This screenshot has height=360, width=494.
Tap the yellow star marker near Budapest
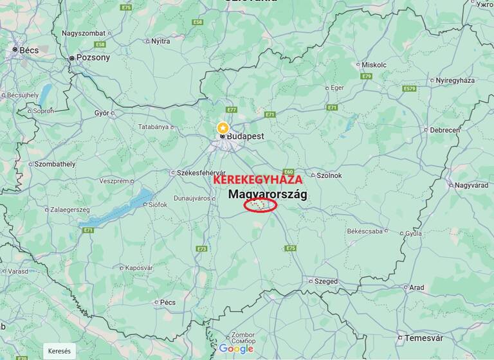pos(223,127)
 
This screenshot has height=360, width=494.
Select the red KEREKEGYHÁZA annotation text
pos(257,181)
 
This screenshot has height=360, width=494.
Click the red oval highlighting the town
pos(261,205)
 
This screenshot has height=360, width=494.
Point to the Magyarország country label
pos(268,194)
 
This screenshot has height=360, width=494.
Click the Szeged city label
pos(325,281)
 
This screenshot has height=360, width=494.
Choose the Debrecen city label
pos(444,130)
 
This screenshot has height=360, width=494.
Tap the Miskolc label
pos(374,65)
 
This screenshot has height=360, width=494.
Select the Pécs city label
pos(168,302)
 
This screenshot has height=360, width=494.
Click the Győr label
pos(102,113)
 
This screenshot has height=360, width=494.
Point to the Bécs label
pos(29,50)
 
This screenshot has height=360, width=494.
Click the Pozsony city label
pos(93,57)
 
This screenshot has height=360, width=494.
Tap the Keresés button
pos(60,351)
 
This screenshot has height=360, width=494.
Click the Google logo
pos(236,348)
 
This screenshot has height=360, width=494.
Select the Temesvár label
pos(423,338)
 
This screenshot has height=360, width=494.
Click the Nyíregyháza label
pos(455,80)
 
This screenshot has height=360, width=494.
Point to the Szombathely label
pos(55,164)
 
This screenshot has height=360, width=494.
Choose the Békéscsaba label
pos(364,231)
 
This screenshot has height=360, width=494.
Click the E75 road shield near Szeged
pos(291,248)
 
